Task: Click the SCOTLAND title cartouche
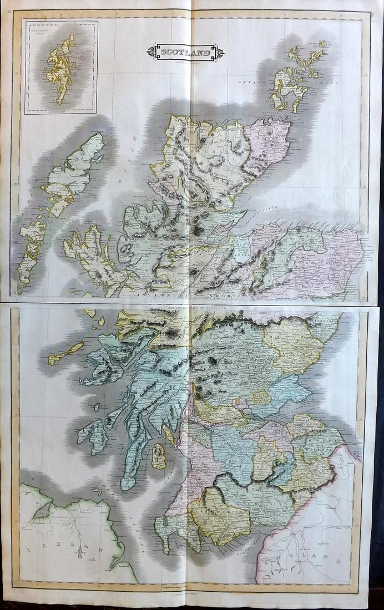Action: tap(185, 53)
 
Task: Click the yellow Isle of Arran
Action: tap(159, 456)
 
